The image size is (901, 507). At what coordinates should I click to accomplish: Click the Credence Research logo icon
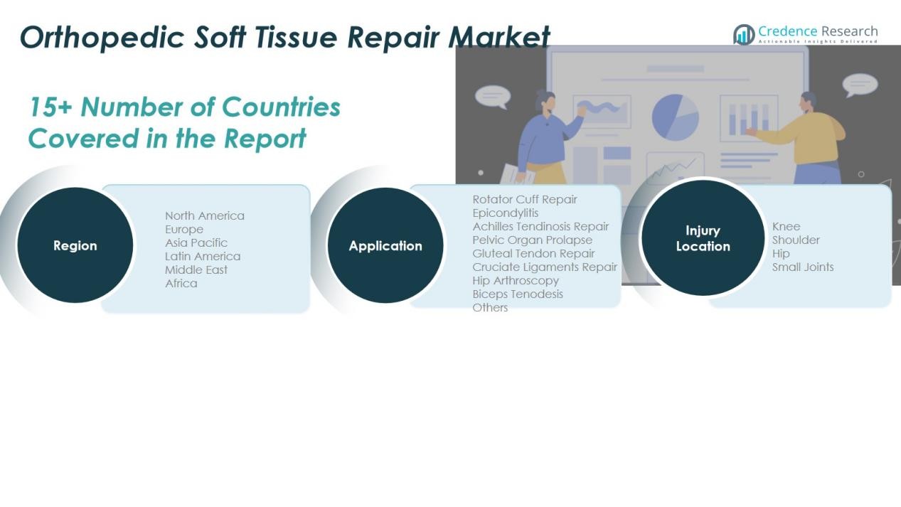(x=744, y=35)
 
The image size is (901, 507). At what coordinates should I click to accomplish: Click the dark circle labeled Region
(x=75, y=245)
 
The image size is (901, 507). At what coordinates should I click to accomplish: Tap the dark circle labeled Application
(x=385, y=245)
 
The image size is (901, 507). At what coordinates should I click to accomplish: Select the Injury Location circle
(x=703, y=238)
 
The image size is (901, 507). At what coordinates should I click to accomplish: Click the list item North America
(x=205, y=216)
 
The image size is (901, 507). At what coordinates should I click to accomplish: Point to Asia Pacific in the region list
(x=196, y=243)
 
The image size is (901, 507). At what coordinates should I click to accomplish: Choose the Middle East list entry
(x=196, y=269)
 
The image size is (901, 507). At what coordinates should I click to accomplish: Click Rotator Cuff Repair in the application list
(x=525, y=199)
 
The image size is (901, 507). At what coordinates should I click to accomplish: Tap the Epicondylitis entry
(x=505, y=213)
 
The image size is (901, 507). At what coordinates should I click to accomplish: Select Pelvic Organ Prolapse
(x=532, y=240)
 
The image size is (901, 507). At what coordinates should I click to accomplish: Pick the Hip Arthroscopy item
(x=516, y=281)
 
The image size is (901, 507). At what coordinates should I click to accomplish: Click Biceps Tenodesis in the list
(x=518, y=294)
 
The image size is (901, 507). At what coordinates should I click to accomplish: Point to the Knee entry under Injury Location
(x=786, y=226)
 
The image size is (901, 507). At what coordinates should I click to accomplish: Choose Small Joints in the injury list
(x=803, y=267)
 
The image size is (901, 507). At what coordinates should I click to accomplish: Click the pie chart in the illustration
(x=676, y=117)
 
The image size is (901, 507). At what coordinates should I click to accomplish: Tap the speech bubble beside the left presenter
(x=493, y=97)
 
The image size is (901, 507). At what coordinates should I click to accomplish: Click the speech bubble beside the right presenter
(x=860, y=85)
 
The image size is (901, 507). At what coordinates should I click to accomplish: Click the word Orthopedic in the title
(x=102, y=38)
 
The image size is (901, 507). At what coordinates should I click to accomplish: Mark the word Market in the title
(x=499, y=37)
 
